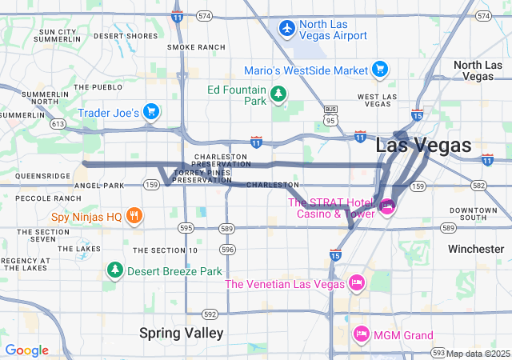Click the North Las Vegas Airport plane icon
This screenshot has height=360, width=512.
point(287,28)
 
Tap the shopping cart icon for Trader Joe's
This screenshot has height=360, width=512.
point(150,111)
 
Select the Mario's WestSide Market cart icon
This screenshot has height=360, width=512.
point(380,70)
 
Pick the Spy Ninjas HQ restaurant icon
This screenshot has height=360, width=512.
point(134,215)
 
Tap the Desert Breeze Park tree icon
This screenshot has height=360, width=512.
point(115,270)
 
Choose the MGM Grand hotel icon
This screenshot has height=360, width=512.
point(362,334)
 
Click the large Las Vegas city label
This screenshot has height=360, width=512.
point(423,145)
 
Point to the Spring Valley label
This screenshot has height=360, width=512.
point(181,332)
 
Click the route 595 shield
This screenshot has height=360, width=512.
point(186,228)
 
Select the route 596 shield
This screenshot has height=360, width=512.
point(228,250)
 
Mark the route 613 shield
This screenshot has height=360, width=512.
point(57,124)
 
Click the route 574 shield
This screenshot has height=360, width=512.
point(205,15)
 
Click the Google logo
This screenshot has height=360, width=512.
point(26,350)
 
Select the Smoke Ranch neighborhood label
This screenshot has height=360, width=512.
point(197,47)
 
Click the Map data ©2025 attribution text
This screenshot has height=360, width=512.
point(478,354)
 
